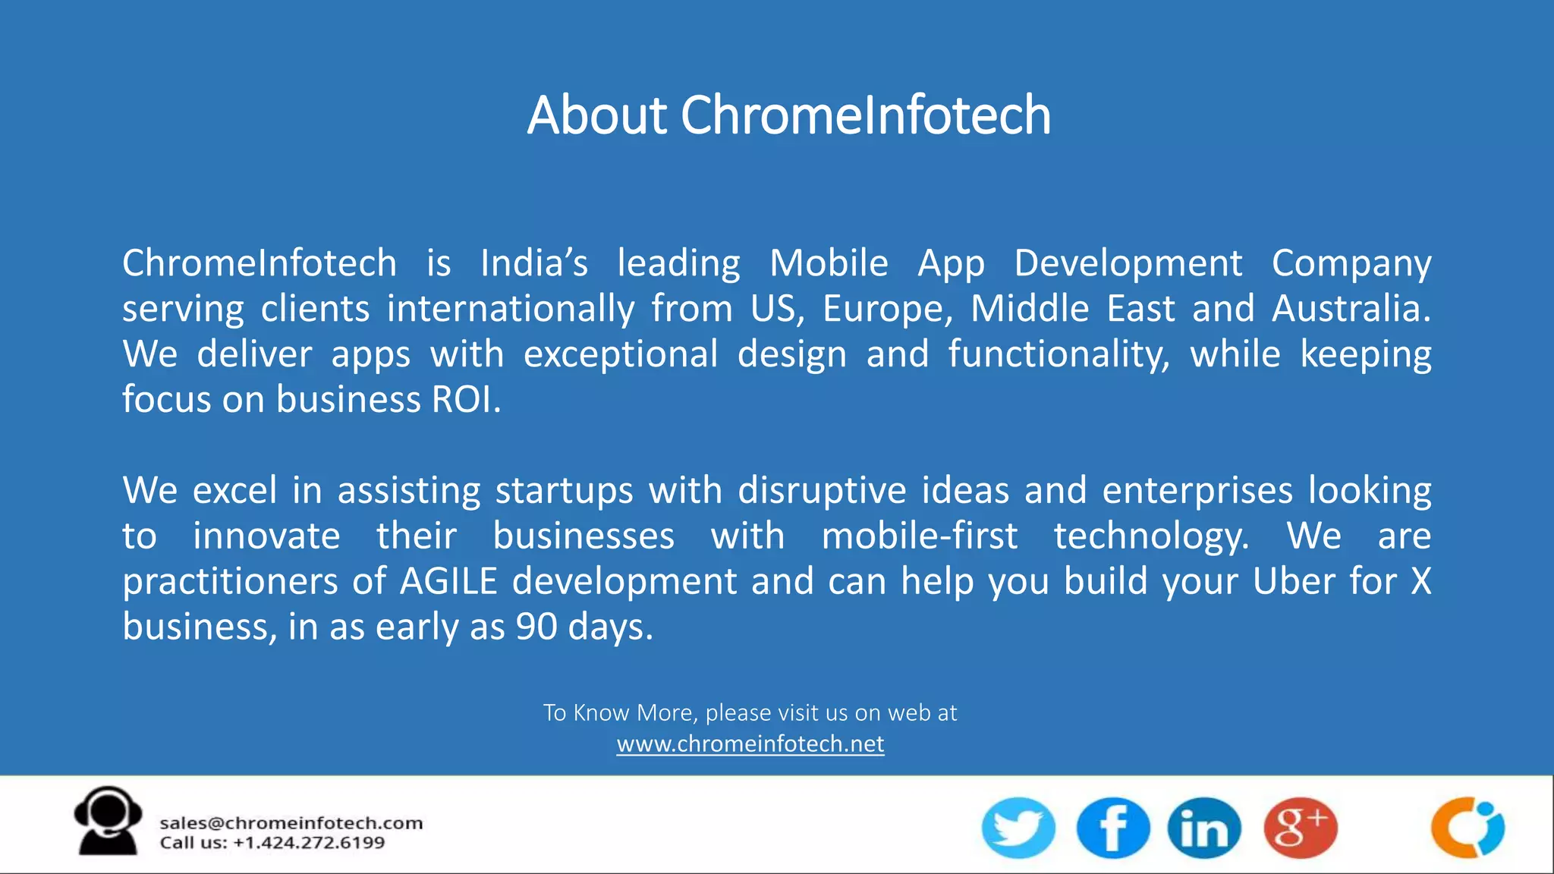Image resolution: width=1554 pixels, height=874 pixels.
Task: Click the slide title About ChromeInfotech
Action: (x=789, y=115)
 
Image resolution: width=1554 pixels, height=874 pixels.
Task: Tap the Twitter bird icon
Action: (x=1018, y=828)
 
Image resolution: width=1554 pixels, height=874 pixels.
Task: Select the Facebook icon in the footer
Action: (x=1112, y=828)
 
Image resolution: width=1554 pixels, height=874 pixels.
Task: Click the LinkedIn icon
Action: (x=1204, y=828)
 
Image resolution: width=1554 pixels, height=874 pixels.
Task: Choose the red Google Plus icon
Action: (x=1301, y=828)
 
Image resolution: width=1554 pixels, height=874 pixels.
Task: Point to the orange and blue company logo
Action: (x=1467, y=828)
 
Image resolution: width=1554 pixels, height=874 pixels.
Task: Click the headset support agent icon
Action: (x=108, y=821)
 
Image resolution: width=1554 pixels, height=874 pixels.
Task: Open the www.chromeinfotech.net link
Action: (x=750, y=744)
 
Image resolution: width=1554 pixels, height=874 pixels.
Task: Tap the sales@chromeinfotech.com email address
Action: (x=291, y=823)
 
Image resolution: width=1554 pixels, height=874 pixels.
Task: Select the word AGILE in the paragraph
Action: (x=448, y=582)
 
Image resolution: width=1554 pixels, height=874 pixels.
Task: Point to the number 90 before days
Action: (x=536, y=627)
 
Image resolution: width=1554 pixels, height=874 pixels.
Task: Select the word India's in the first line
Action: (x=534, y=263)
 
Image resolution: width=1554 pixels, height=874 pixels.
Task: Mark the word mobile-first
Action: (x=920, y=536)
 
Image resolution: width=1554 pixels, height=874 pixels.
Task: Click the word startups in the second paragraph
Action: (x=564, y=492)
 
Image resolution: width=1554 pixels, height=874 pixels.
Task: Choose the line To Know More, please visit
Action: (x=750, y=712)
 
